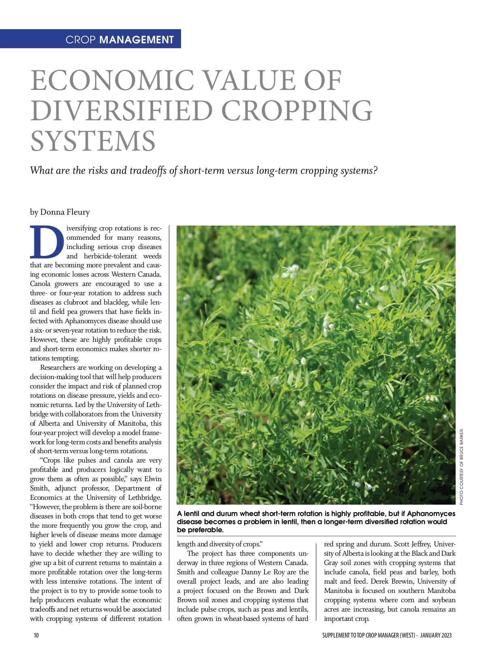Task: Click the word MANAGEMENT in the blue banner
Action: pos(136,40)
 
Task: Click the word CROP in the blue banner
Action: pos(81,40)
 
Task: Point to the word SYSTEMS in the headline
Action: pos(93,141)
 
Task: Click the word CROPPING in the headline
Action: pos(297,111)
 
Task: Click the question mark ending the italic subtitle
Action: pos(375,171)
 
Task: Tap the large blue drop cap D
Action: pos(47,242)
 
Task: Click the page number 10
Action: pos(36,635)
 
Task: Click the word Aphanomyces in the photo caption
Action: pos(431,514)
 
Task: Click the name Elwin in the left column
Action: pos(153,479)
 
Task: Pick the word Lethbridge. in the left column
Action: pos(145,497)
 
